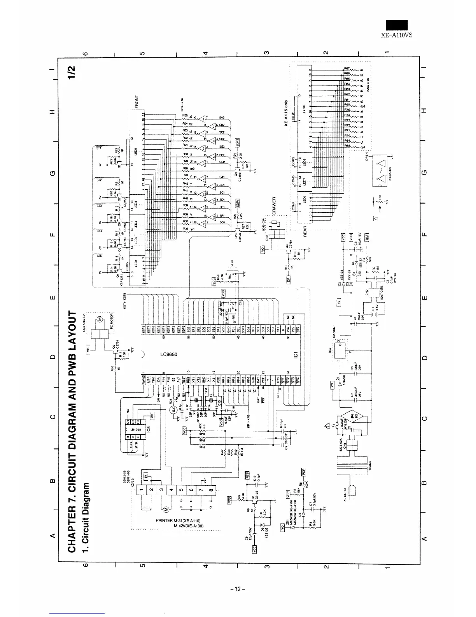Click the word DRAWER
pos(274,205)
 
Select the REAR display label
pos(305,231)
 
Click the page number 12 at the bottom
pos(238,588)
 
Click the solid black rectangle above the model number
pos(396,25)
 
